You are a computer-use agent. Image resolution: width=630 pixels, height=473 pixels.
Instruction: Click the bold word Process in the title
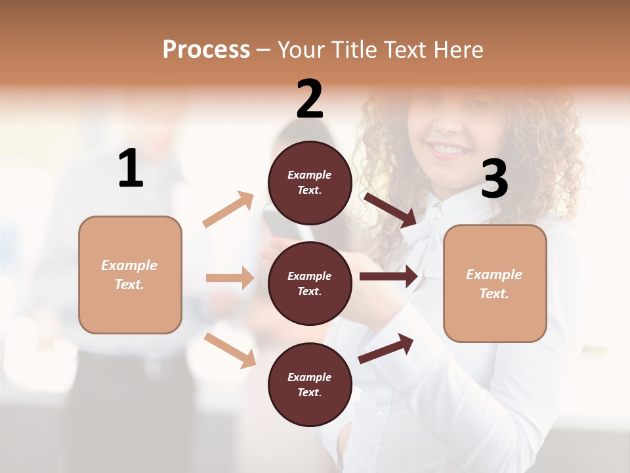tap(206, 49)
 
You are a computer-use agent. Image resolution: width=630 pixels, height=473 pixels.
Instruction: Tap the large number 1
tap(131, 169)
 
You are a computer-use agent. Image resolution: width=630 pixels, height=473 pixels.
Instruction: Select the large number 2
tap(310, 99)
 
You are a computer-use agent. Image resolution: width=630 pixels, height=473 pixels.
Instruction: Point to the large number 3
tap(494, 180)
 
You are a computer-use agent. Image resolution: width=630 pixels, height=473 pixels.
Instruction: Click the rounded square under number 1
tap(130, 275)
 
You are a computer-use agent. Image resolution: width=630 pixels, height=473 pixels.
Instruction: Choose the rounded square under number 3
tap(495, 284)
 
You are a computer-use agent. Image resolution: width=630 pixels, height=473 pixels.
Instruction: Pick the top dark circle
tap(310, 183)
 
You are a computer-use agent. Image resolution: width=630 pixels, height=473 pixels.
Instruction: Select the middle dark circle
tap(310, 283)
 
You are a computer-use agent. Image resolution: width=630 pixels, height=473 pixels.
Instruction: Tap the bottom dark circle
tap(310, 384)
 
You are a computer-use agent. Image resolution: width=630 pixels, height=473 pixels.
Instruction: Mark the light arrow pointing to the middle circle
tap(230, 278)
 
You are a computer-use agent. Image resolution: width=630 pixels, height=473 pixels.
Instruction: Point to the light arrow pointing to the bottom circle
tap(230, 349)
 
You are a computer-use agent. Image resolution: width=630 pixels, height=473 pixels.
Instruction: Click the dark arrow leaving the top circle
tap(391, 210)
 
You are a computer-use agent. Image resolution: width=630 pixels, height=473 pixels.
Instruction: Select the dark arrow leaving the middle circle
tap(388, 276)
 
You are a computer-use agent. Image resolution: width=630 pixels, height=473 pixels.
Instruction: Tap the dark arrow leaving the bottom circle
tap(386, 348)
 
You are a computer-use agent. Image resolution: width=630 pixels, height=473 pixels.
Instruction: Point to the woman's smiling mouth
tap(450, 150)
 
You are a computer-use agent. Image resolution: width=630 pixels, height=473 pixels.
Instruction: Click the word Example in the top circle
tap(310, 175)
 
